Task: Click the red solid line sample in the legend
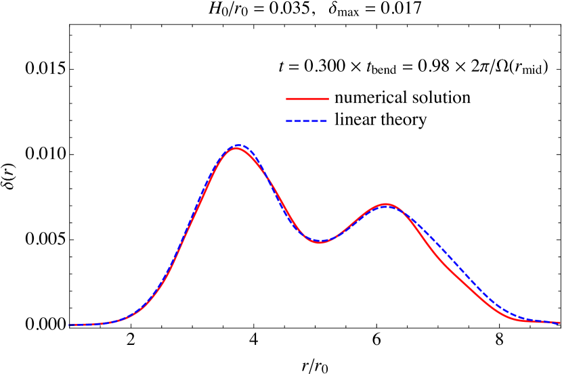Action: [x=307, y=99]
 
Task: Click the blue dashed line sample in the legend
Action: [x=307, y=122]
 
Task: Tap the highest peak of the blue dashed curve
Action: [x=237, y=145]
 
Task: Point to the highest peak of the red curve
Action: [x=236, y=148]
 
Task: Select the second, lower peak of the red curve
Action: [x=386, y=204]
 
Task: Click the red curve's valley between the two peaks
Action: [x=320, y=243]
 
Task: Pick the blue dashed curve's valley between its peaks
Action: [x=320, y=240]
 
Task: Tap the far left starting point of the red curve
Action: [x=70, y=325]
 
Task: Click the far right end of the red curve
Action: [x=559, y=323]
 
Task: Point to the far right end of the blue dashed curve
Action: [x=559, y=322]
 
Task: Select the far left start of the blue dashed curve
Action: [x=70, y=325]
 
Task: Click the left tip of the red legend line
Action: [x=287, y=99]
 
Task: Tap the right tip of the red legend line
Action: [x=328, y=99]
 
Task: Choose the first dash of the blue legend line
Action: [x=289, y=122]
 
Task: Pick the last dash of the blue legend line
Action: [x=324, y=122]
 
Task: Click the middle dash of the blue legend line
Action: [x=307, y=122]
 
